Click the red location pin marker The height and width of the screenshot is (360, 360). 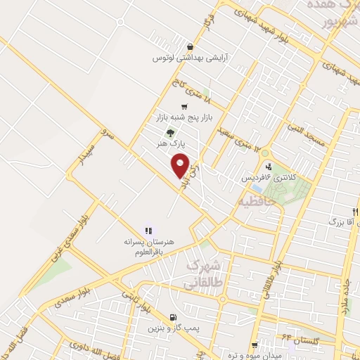click(181, 165)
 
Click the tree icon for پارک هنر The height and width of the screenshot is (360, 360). click(169, 131)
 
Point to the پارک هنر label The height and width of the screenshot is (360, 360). click(169, 143)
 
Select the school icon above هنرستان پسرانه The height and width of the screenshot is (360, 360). click(148, 231)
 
